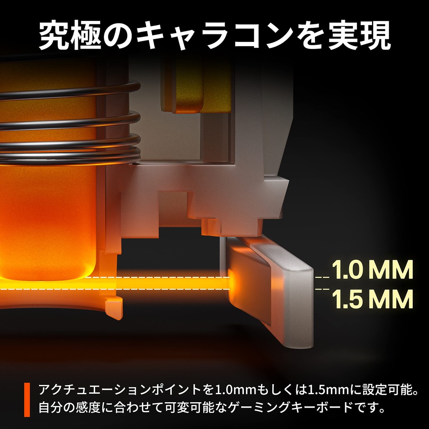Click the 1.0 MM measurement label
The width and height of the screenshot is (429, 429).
pos(372,269)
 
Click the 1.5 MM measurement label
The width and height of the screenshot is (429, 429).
pos(372,299)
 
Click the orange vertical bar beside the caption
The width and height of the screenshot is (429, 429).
pos(27,400)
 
